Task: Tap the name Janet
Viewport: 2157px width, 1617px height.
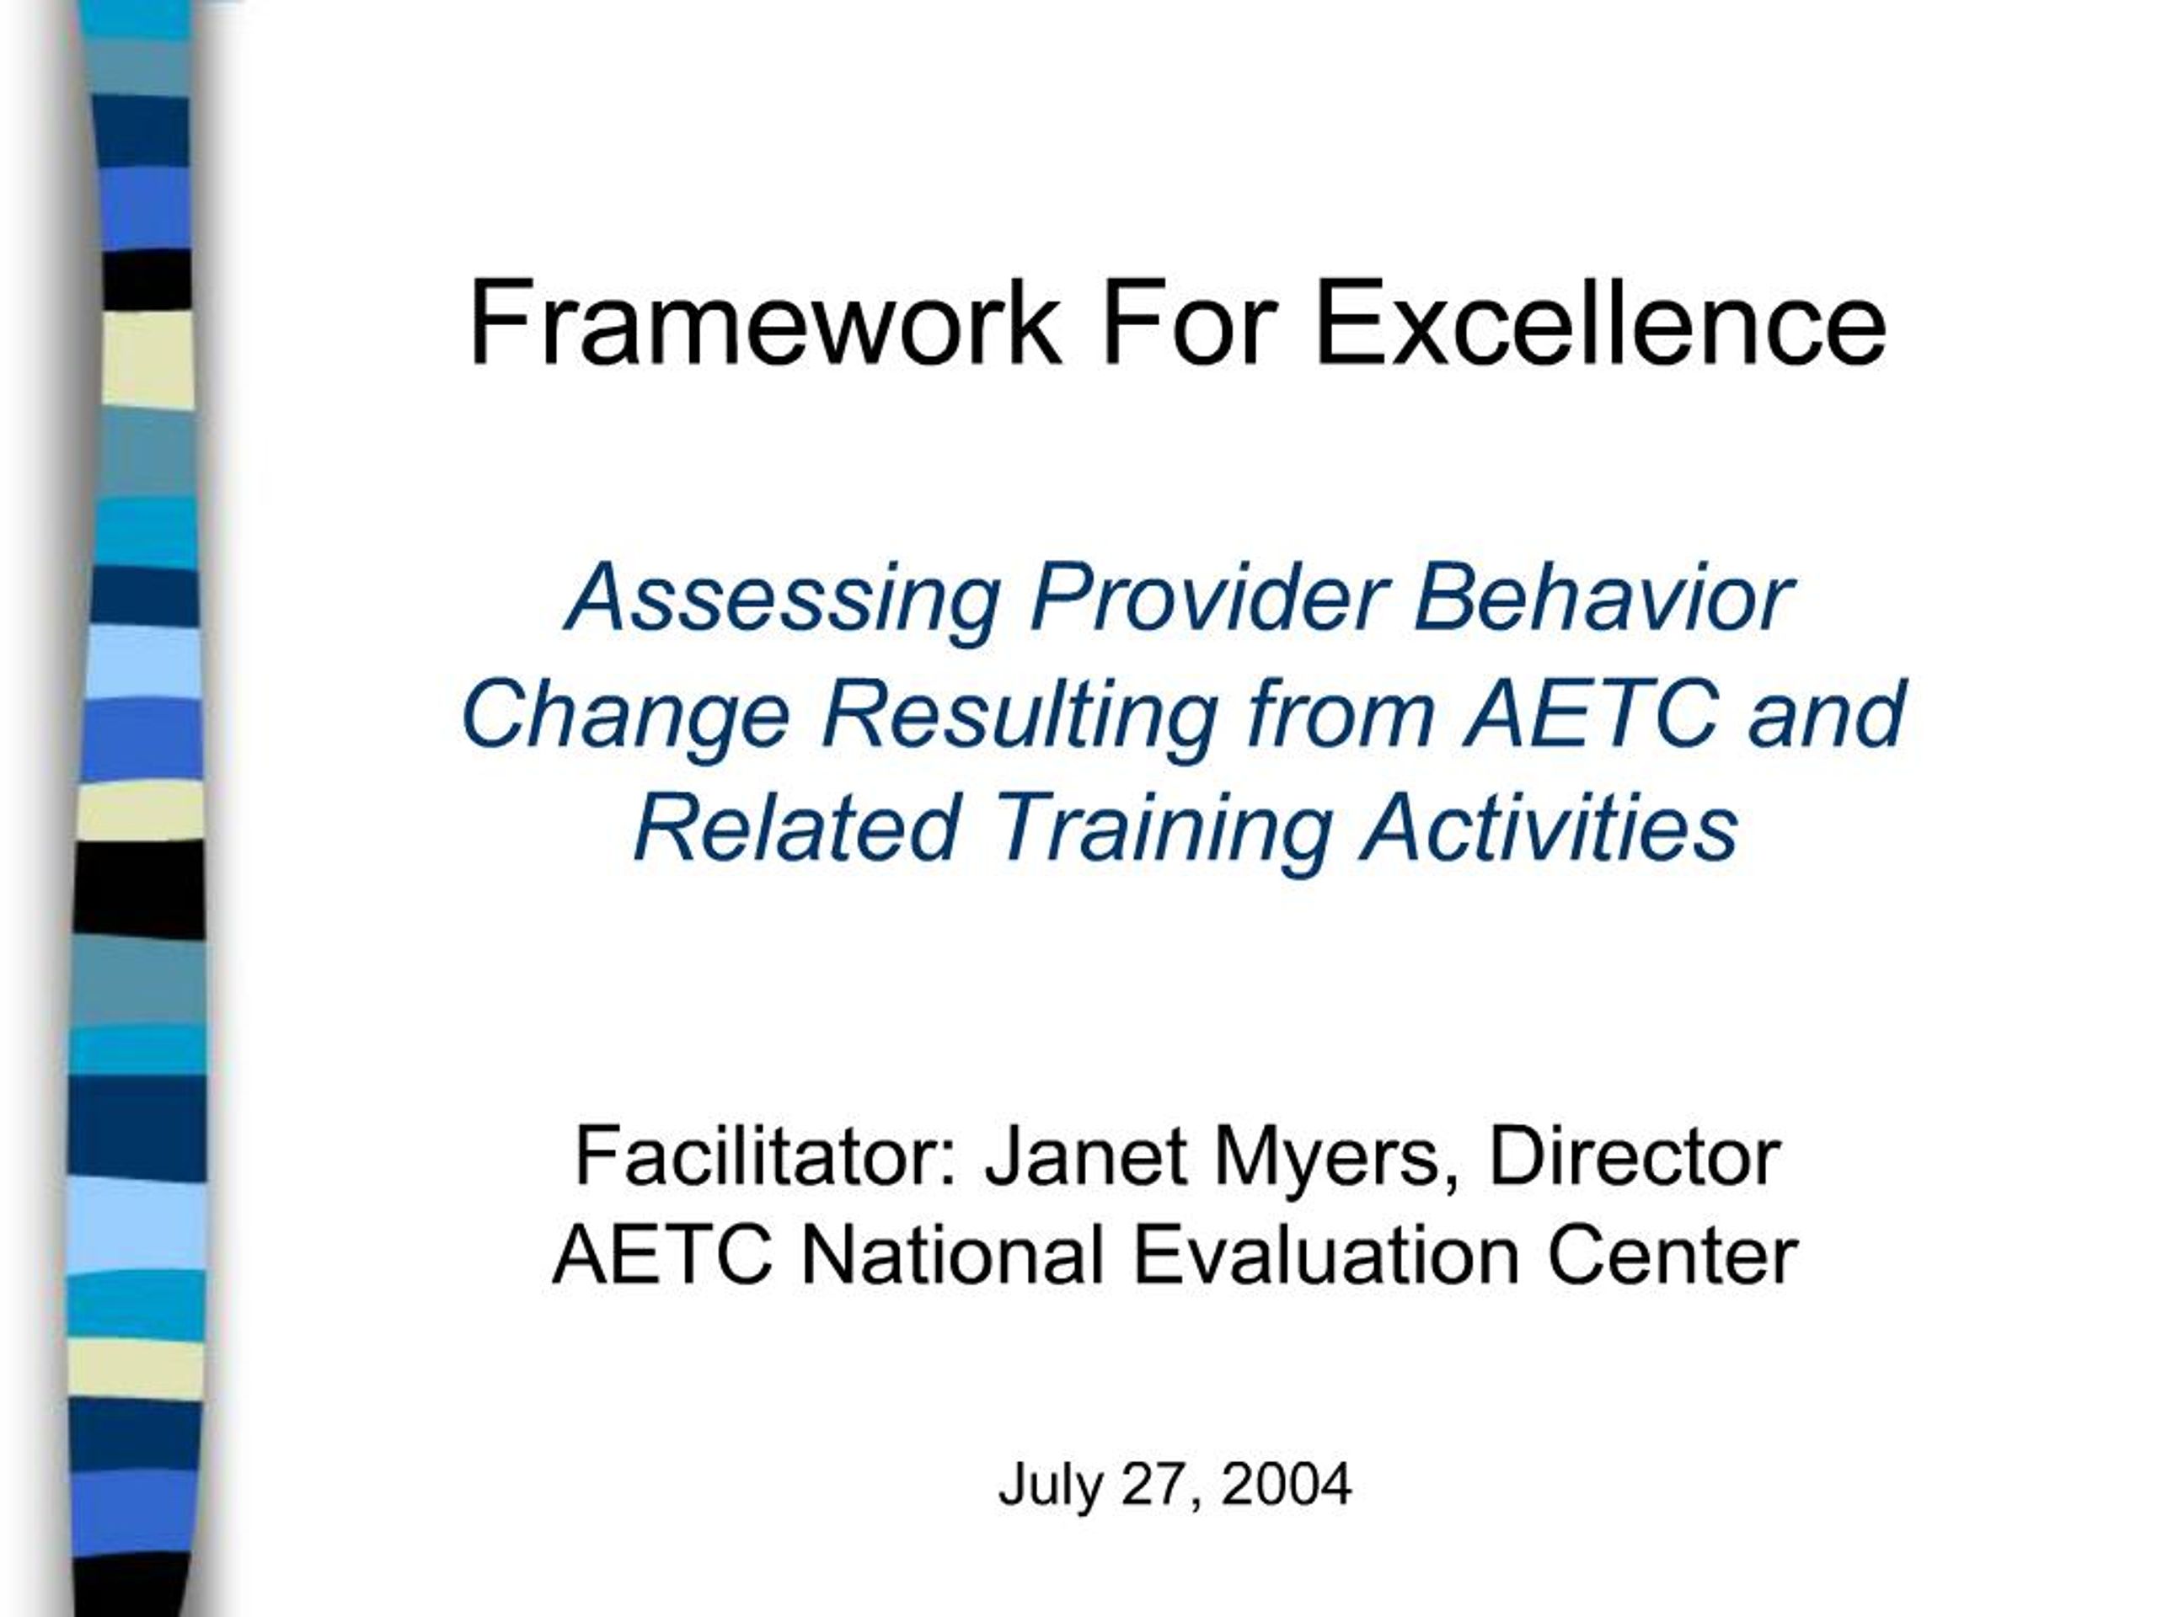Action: click(1084, 1157)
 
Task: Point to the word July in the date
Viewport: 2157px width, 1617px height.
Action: click(1049, 1486)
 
